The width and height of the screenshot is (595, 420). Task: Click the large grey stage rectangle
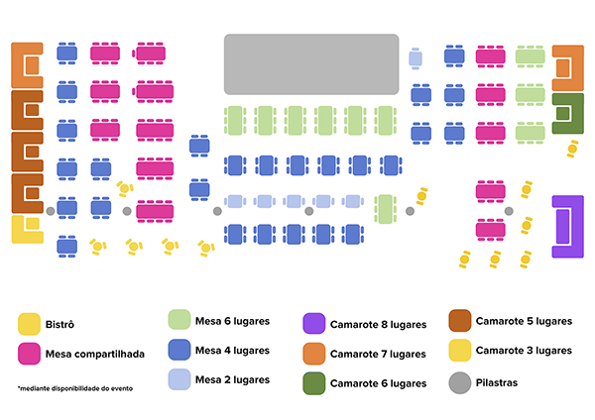(311, 64)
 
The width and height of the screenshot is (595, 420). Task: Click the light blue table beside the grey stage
(416, 59)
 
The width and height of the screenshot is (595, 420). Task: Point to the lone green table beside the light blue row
(386, 209)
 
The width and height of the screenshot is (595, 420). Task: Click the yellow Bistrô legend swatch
(30, 324)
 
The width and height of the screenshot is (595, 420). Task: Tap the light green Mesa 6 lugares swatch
(178, 320)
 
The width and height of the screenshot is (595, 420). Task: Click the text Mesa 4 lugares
(232, 351)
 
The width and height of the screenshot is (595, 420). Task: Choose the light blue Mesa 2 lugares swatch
(178, 379)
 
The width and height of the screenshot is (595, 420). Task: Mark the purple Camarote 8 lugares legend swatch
(314, 324)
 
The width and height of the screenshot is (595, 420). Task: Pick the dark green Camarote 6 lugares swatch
(314, 382)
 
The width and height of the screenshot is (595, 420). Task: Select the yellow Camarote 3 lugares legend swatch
(459, 351)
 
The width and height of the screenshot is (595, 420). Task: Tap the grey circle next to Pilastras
(459, 381)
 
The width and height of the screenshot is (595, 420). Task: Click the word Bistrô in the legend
(60, 324)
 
